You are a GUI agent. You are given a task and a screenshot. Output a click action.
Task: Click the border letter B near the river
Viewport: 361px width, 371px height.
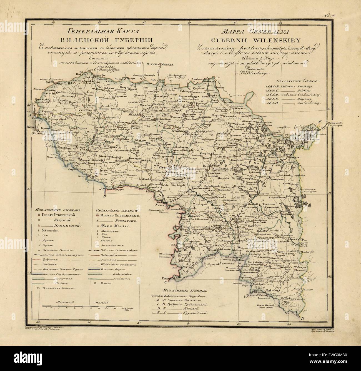104,196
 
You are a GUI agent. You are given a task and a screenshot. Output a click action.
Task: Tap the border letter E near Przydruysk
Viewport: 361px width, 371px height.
320,121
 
